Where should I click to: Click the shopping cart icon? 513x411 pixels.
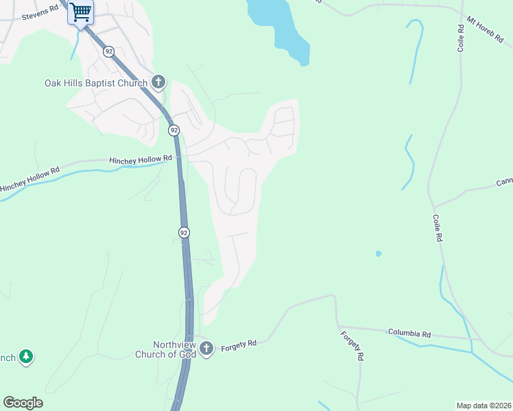pos(81,12)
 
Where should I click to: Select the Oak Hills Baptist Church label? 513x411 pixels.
pos(96,84)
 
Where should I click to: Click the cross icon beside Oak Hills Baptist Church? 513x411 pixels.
pos(158,83)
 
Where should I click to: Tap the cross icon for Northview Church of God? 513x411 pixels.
pos(207,349)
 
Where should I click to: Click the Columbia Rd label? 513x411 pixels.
pos(409,334)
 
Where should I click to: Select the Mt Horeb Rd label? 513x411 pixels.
pos(484,31)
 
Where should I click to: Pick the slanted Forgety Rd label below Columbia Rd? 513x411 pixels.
pos(350,347)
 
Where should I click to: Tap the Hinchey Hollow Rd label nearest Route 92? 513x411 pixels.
pos(139,160)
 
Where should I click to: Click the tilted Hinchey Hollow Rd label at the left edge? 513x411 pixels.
pos(30,178)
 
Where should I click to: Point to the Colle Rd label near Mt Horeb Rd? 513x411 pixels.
pos(461,38)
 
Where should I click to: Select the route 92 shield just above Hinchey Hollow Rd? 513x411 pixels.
pos(174,130)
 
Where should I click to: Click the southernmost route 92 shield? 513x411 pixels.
pos(184,233)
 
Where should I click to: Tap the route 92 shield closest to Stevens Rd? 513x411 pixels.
pos(108,51)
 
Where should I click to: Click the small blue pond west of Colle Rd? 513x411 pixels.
pos(378,253)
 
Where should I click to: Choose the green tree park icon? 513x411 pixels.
pos(26,356)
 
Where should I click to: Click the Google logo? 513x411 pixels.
pos(23,403)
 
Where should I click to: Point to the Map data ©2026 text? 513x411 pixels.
pos(484,405)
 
